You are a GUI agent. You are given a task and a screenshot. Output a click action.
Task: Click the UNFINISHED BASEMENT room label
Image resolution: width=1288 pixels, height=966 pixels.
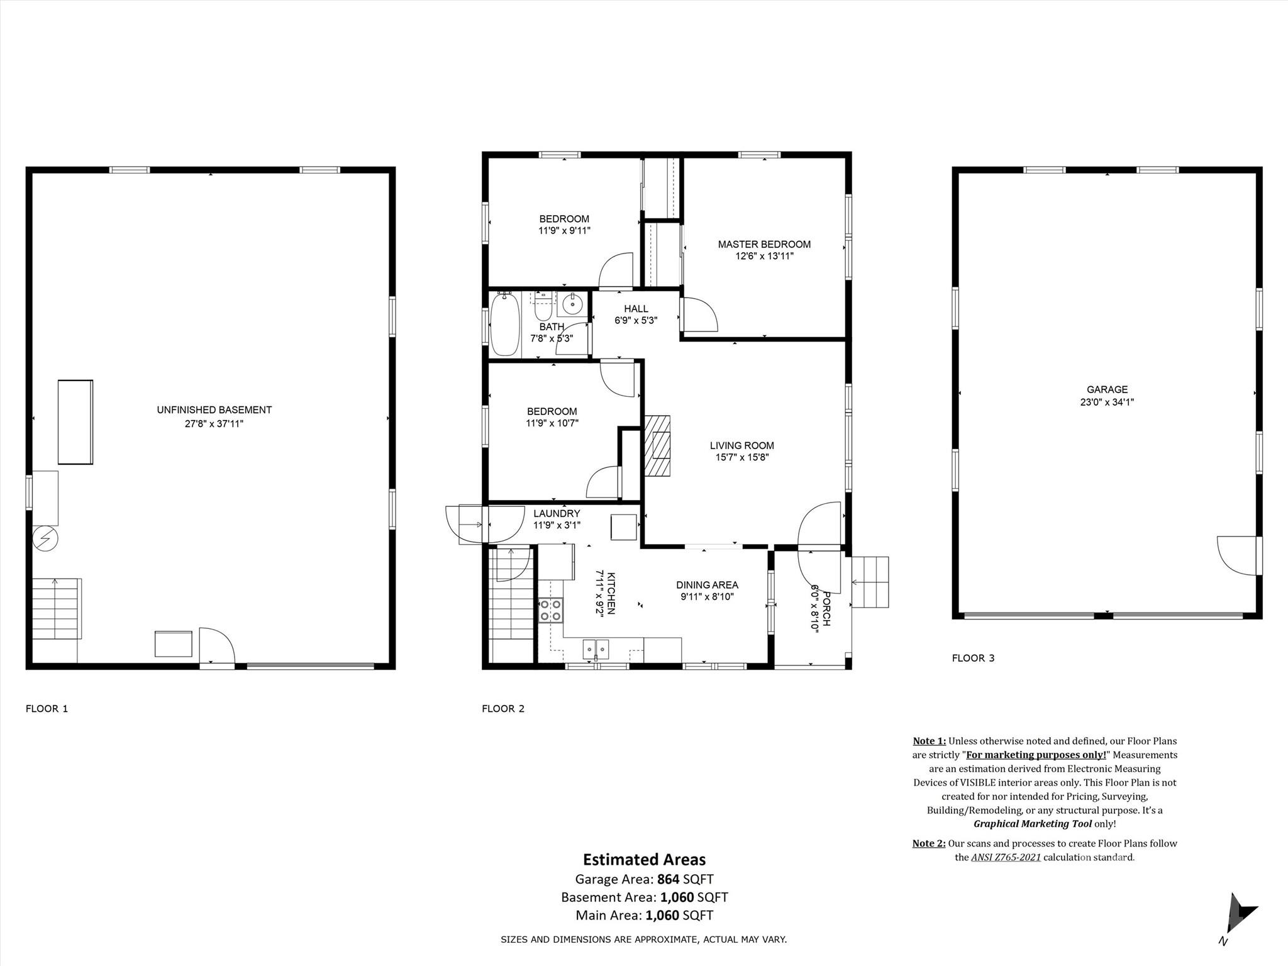click(x=214, y=409)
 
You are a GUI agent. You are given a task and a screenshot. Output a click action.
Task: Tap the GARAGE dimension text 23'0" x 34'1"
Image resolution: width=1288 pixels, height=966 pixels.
click(x=1107, y=402)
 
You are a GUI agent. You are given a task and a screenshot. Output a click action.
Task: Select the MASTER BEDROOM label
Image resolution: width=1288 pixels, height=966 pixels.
click(x=764, y=244)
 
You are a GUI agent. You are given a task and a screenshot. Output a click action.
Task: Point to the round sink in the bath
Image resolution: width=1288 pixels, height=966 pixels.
click(x=572, y=304)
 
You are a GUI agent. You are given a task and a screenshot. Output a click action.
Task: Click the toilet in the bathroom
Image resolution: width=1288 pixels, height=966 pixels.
click(x=543, y=309)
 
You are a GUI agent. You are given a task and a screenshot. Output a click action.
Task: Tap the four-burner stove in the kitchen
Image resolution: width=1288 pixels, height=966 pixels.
click(x=551, y=610)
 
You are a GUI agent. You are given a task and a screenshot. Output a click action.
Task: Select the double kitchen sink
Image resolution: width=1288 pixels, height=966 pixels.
click(x=596, y=648)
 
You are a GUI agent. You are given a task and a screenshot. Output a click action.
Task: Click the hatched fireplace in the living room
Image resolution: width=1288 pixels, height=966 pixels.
click(x=657, y=447)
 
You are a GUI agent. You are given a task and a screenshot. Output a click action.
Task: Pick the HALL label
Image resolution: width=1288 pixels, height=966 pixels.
click(x=636, y=309)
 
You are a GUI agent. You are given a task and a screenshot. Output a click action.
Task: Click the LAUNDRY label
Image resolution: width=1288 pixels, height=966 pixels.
click(x=557, y=513)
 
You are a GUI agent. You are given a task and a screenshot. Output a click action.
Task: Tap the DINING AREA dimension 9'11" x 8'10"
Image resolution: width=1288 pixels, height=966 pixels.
click(x=707, y=597)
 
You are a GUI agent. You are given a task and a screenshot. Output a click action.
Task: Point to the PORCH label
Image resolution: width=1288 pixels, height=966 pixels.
click(x=826, y=608)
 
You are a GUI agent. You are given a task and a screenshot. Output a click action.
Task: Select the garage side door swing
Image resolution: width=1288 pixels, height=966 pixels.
click(x=1238, y=555)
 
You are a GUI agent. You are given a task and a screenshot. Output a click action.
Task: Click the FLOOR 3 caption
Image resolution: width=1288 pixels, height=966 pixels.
click(x=973, y=658)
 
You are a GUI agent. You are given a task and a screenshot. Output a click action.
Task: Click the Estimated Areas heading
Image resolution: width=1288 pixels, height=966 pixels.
click(x=644, y=859)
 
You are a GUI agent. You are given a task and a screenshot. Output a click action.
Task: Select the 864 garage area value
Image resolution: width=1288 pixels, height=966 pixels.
click(x=668, y=879)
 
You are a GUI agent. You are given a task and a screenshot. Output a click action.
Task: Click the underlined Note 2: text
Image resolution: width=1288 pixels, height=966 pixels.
click(x=928, y=843)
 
